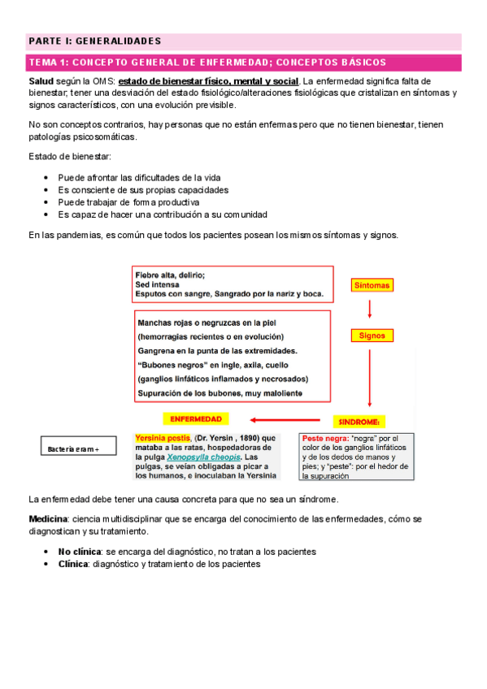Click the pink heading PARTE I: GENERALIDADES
click(x=95, y=41)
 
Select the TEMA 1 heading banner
click(x=207, y=63)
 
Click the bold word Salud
click(x=42, y=81)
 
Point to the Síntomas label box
click(x=372, y=285)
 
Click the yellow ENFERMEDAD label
click(x=198, y=419)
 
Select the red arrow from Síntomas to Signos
click(x=371, y=309)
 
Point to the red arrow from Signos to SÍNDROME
click(x=371, y=375)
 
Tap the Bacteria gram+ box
click(x=80, y=448)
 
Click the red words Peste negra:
click(x=328, y=438)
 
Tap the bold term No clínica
click(x=80, y=551)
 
